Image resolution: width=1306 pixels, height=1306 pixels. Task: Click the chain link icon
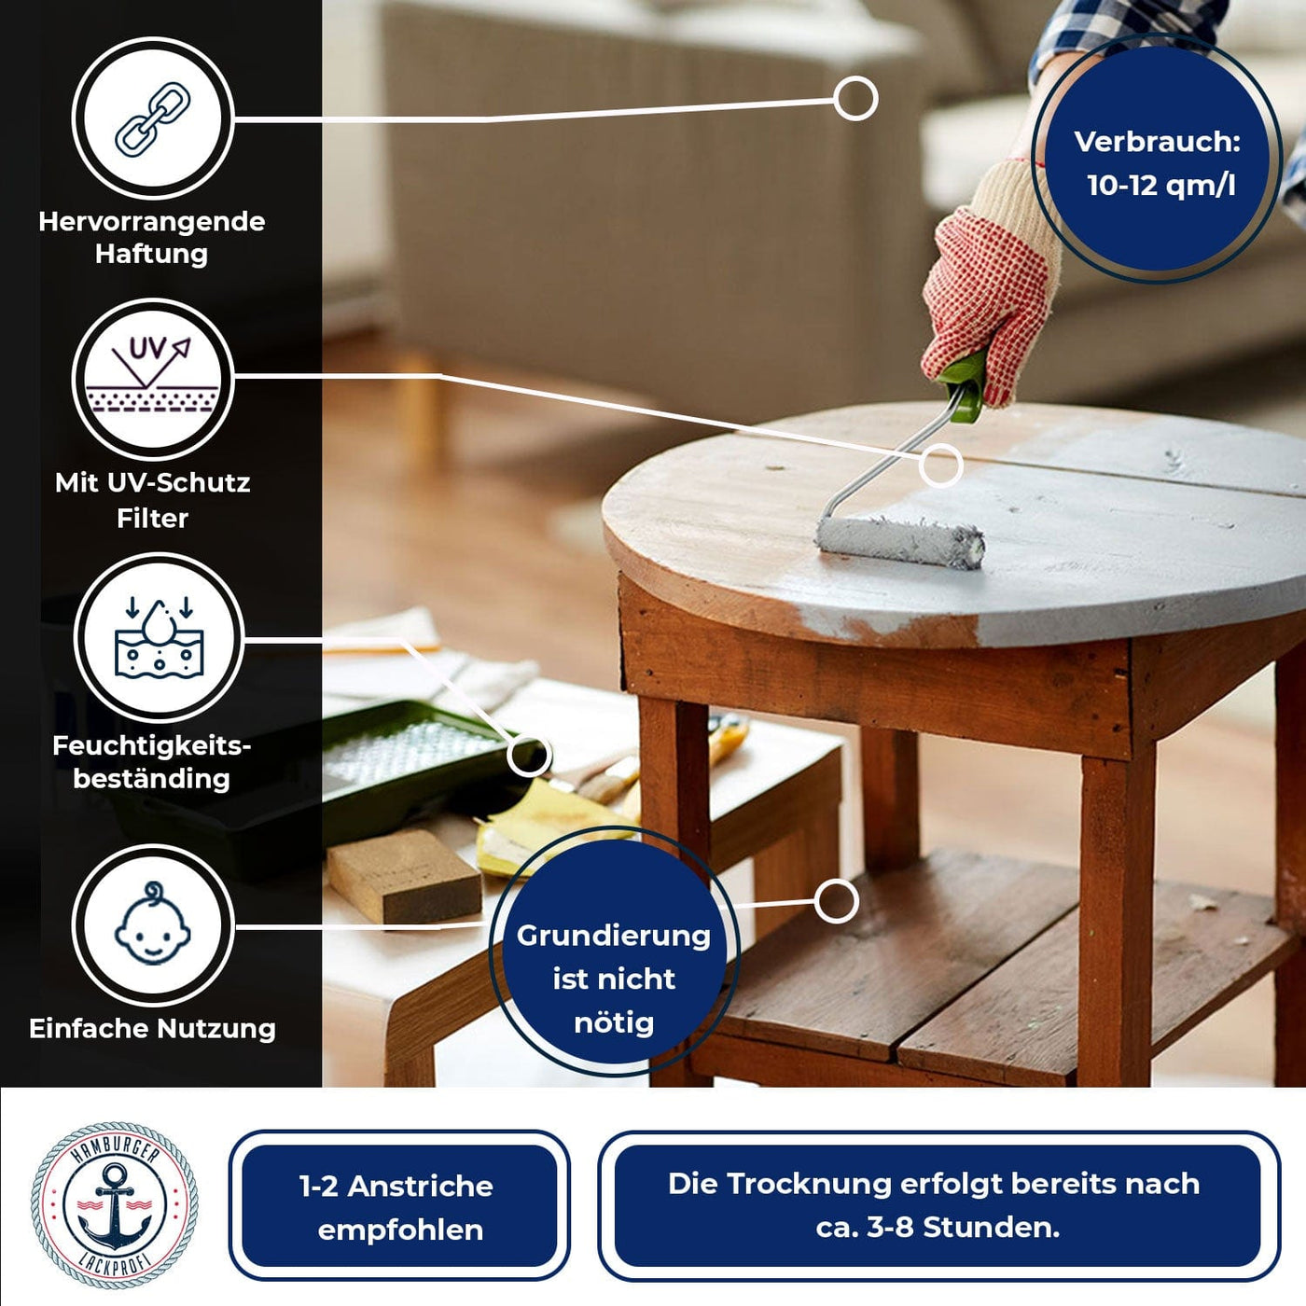click(x=152, y=118)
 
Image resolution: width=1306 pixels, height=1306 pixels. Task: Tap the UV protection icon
click(x=152, y=378)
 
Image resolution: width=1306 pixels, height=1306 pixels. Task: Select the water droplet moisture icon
click(x=159, y=638)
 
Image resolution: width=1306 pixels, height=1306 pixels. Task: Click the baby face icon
click(x=152, y=924)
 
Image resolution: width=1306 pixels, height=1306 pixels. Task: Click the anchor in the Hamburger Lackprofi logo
click(x=115, y=1205)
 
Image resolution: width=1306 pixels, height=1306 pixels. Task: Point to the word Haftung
click(x=151, y=254)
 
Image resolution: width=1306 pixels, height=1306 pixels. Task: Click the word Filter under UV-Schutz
click(x=152, y=518)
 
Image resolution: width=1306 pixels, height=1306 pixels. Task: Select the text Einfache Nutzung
click(x=152, y=1028)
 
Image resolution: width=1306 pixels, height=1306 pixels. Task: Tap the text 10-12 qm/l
click(x=1160, y=185)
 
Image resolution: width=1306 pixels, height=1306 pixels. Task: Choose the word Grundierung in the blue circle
click(x=613, y=936)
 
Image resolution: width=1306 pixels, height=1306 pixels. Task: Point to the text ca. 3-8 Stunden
click(x=937, y=1227)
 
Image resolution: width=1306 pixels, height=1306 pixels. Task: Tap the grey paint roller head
click(x=900, y=541)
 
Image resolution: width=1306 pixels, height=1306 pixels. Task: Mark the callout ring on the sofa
click(x=854, y=98)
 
